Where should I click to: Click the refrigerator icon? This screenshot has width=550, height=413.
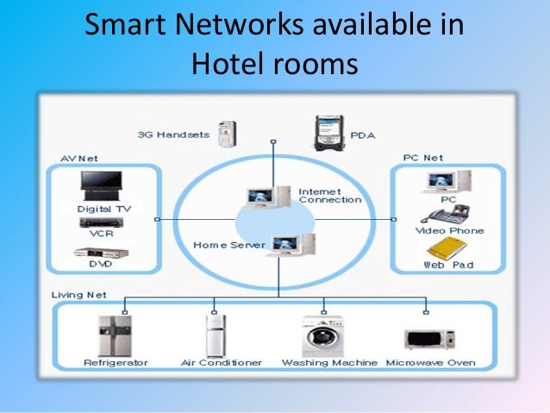coord(114,335)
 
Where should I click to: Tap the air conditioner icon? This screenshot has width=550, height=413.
coord(215,335)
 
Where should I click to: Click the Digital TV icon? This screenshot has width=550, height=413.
coord(103,186)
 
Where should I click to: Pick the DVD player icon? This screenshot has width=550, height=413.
coord(95,253)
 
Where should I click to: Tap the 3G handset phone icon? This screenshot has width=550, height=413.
coord(227,132)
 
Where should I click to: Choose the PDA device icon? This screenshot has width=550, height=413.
coord(329,132)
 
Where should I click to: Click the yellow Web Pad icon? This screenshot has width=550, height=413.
coord(443,250)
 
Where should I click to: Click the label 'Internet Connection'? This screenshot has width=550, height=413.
coord(329,196)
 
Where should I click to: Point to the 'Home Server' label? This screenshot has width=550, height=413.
coord(223,245)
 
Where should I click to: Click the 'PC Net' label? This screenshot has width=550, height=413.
coord(422,158)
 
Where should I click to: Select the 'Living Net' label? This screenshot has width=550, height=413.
coord(78,295)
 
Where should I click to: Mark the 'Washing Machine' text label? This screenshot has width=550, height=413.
coord(329,363)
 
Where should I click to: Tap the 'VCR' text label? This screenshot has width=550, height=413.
coord(103,233)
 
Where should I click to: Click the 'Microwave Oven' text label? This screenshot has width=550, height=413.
coord(430,363)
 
